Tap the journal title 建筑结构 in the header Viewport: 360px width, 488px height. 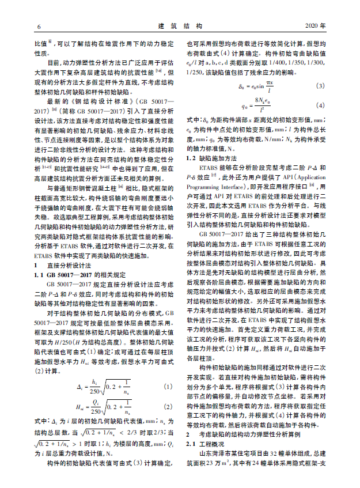[180, 27]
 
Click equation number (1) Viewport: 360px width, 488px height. [168, 385]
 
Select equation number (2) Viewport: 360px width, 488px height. [168, 407]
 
